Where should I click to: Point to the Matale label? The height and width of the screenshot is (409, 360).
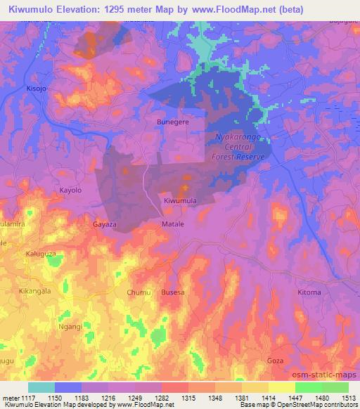coord(172,223)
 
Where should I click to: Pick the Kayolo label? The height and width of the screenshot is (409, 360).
coord(70,190)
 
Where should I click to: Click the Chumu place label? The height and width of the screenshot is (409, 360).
coord(139,292)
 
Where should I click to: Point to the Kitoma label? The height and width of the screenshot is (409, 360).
coord(309,292)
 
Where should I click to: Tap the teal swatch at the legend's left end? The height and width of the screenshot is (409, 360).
coord(41,388)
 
